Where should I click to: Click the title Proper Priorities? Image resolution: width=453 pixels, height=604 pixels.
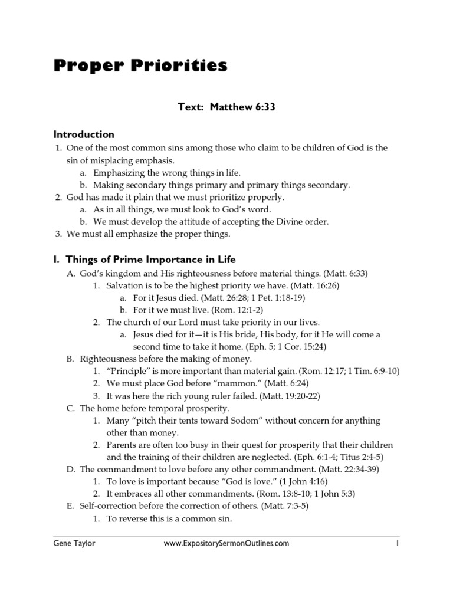[x=140, y=66]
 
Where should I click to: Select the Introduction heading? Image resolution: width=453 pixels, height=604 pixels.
[x=84, y=134]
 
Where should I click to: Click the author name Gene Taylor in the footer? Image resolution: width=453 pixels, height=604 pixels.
[x=73, y=543]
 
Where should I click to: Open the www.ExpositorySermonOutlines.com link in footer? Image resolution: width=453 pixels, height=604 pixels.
[x=226, y=543]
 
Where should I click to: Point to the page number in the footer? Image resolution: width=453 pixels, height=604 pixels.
[x=398, y=543]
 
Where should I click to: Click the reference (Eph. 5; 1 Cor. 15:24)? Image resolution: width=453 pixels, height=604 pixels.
[x=284, y=346]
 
